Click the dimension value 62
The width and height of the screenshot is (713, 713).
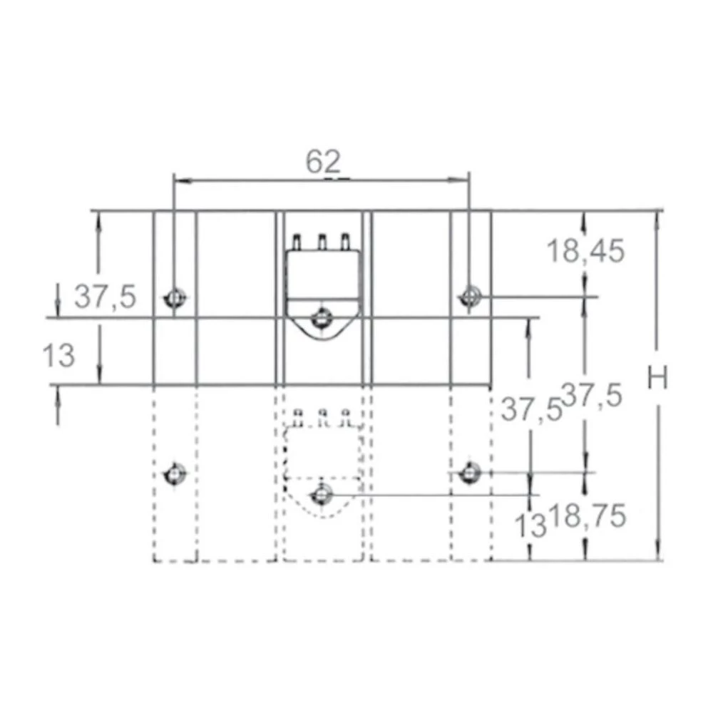tap(323, 161)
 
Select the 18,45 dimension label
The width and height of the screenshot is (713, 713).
tap(585, 251)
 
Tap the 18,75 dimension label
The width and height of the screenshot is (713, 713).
tap(590, 516)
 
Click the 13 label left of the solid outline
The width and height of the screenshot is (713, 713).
tap(58, 355)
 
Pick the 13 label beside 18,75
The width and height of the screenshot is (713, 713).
tap(530, 525)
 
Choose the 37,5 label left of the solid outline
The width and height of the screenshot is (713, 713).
tap(106, 297)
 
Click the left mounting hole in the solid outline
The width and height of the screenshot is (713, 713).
tap(175, 298)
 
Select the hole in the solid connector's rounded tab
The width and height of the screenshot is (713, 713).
tap(322, 317)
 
